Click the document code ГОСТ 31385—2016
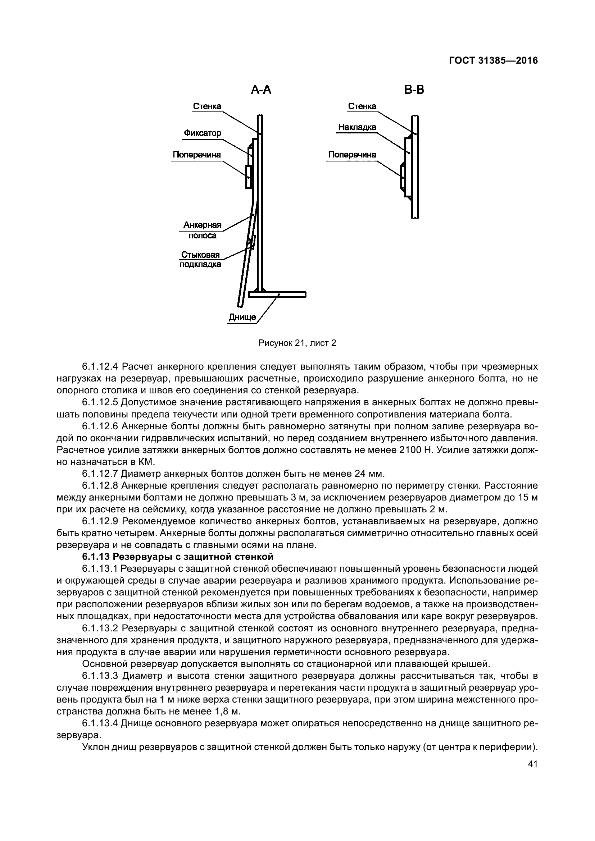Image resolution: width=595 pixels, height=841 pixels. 493,60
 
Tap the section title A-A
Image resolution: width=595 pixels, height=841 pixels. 261,90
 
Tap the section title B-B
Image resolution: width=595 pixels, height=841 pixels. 414,90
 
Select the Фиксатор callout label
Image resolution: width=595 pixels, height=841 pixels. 203,133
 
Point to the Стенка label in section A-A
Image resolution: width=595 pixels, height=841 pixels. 207,106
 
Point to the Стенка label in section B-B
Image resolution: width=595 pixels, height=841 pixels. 362,106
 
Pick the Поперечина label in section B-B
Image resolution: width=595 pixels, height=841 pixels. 352,155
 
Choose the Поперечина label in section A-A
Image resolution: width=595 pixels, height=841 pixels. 197,155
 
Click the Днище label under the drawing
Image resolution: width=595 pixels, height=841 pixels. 242,317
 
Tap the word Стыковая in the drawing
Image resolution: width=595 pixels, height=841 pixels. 200,255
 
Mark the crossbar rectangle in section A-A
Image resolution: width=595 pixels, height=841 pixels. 249,177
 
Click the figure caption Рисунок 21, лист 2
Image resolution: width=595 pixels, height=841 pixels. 297,343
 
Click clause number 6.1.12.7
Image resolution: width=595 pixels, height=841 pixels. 100,474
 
